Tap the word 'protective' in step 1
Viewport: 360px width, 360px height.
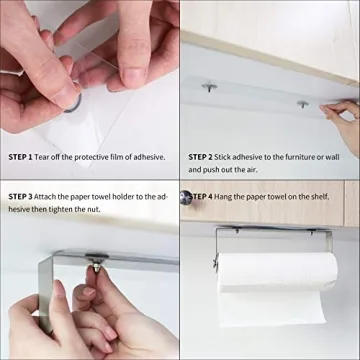click(x=97, y=157)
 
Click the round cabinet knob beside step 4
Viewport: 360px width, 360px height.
click(x=185, y=197)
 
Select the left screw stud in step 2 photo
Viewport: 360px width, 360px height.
click(x=210, y=88)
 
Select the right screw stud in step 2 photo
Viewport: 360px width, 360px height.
click(x=302, y=103)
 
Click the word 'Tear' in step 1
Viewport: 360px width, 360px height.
click(x=48, y=157)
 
